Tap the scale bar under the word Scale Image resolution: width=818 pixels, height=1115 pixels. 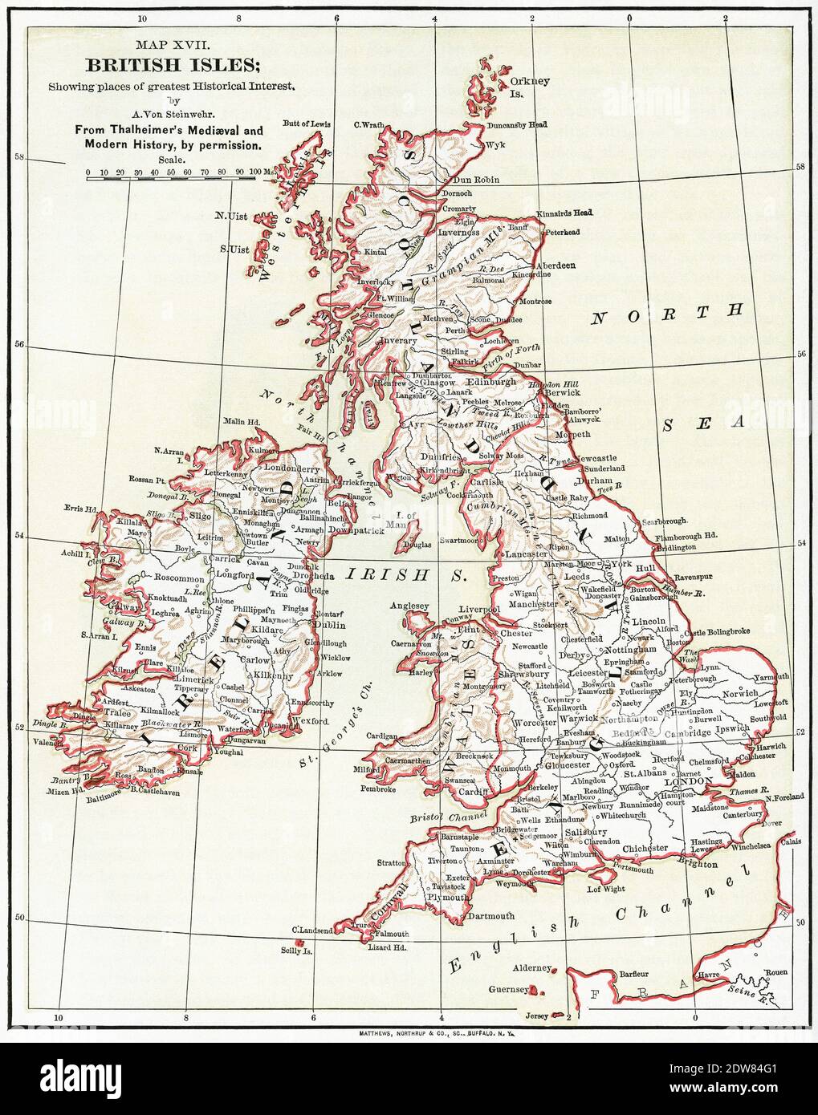point(172,178)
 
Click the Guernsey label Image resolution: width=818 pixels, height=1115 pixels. point(508,990)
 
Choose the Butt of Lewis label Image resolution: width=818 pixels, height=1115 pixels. point(307,124)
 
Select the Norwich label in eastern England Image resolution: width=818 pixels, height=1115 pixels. point(739,692)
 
